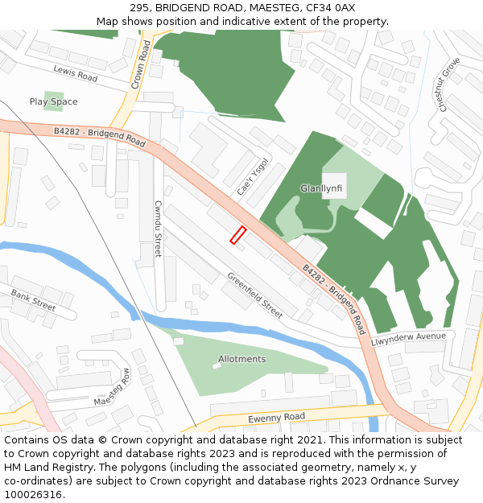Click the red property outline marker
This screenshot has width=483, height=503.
coord(237,235)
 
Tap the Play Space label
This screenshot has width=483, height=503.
coord(53,102)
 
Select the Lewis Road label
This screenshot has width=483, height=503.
coord(75,73)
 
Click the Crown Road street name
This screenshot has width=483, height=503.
coord(142,64)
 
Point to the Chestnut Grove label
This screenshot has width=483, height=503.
coord(448,85)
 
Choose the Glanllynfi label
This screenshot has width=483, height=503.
coord(321,188)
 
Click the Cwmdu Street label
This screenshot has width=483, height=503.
coord(159,229)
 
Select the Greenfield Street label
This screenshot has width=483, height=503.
coord(254,295)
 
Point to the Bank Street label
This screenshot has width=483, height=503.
coord(33,301)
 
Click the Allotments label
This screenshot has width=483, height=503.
coord(242,359)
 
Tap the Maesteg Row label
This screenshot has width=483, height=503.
coord(112,387)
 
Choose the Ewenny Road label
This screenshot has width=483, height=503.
coord(276,417)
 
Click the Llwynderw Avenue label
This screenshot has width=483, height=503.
coord(407,339)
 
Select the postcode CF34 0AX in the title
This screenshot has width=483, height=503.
coord(332,7)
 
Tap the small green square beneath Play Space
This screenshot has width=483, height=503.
coord(55,118)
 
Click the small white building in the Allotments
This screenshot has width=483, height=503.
coord(216,366)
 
